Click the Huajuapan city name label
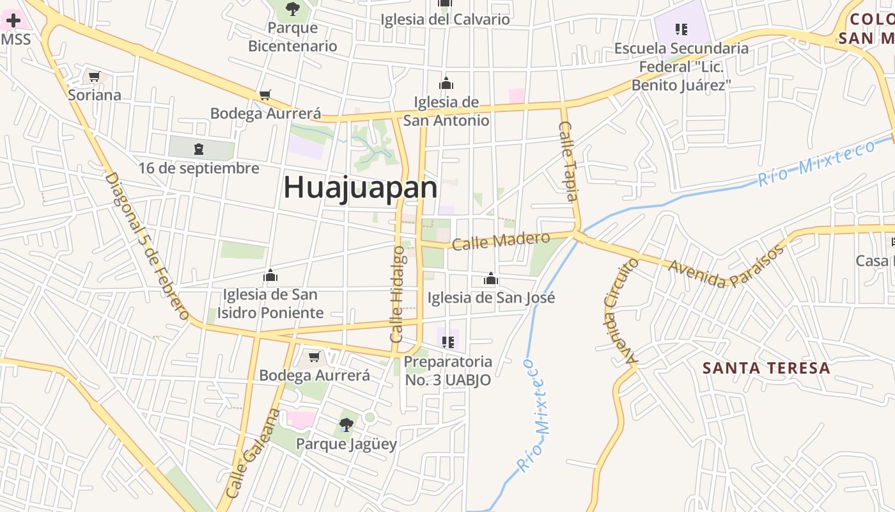(x=360, y=188)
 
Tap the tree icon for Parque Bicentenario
(x=293, y=9)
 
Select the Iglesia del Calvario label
(x=445, y=19)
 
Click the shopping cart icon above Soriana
(x=95, y=77)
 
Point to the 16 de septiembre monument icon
(x=199, y=149)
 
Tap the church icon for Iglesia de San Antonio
(x=446, y=83)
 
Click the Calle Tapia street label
(x=568, y=161)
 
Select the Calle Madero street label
(x=501, y=241)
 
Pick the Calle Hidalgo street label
(x=397, y=294)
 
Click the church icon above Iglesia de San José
(x=491, y=278)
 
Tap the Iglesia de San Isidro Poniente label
(x=270, y=303)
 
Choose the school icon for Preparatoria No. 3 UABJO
(x=448, y=342)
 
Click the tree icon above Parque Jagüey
(x=346, y=424)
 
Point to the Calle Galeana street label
(x=253, y=453)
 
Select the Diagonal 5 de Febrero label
(x=148, y=245)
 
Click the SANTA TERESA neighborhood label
(x=766, y=368)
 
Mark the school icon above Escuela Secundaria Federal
(x=681, y=29)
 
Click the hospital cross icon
(x=13, y=20)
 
